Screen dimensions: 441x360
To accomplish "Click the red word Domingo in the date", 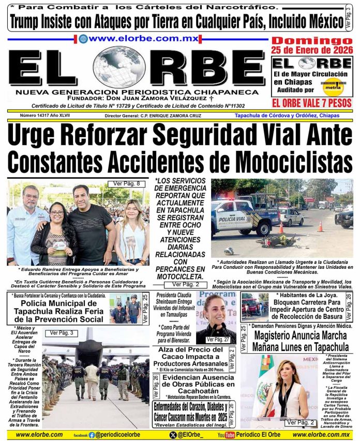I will tap(312, 41).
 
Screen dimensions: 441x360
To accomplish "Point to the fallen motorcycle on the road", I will tap(277, 241).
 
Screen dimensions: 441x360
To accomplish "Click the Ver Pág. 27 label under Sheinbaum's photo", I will tap(218, 339).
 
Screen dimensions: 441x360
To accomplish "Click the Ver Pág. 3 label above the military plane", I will tap(61, 333).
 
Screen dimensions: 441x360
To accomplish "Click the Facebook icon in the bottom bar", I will tap(92, 435).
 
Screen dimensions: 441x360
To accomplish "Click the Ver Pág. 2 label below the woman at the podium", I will tap(301, 423).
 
